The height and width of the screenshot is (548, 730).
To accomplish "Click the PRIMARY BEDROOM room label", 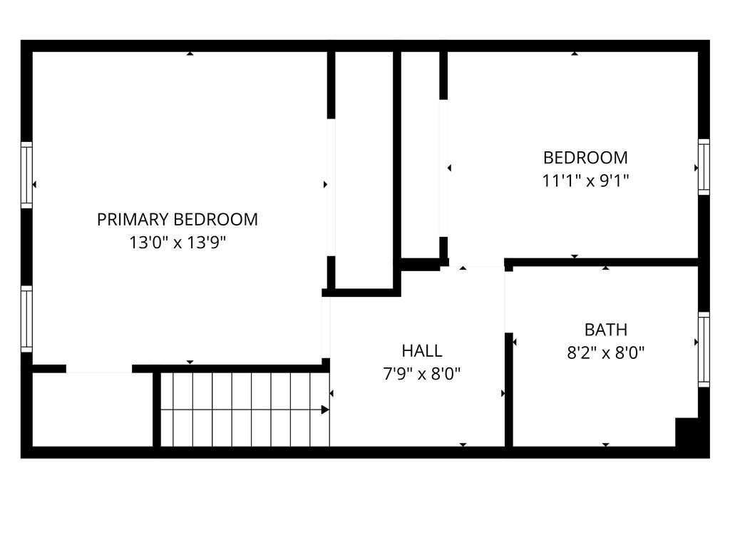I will coord(177,219).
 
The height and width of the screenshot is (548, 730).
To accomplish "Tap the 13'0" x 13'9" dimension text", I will coord(177,243).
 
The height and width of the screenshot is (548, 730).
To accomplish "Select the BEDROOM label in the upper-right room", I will coord(585,157).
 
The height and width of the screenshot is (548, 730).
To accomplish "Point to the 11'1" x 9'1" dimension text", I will coord(585,181).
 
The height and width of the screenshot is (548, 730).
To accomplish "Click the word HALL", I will coord(422,350).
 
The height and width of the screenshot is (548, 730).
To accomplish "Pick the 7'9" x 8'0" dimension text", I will coord(422,373).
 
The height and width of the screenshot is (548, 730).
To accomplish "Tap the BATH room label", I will coord(606,330).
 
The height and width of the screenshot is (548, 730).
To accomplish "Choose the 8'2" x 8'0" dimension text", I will coord(606,352).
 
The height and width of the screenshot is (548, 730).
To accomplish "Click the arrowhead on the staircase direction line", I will coord(325,410).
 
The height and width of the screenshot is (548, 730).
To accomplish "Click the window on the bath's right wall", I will coord(704,349).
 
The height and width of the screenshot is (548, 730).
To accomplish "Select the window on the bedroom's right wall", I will coord(704,167).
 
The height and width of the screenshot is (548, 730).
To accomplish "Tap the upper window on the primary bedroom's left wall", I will coord(26,175).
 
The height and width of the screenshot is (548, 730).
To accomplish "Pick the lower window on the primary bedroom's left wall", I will coord(26,318).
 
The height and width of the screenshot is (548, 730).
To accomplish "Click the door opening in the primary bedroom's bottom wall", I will coord(99,369).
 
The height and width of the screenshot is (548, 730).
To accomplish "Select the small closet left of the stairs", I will coord(93,410).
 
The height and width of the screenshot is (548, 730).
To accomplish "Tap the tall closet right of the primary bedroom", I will coord(364,171).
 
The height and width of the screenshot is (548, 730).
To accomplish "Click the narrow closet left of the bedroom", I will coord(421,153).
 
